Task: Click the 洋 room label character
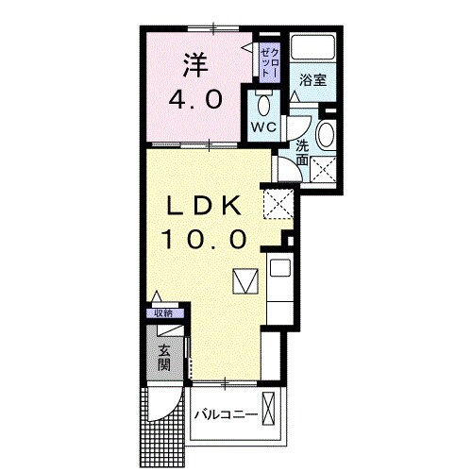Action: [194, 66]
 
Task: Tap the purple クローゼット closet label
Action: [268, 59]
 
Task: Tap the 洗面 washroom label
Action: [301, 152]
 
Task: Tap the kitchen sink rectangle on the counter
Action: [280, 267]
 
